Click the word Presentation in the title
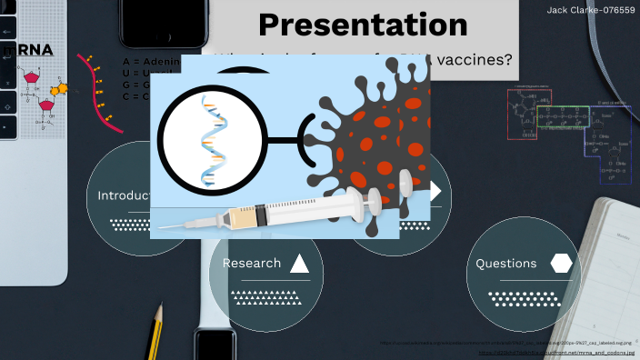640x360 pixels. click(363, 25)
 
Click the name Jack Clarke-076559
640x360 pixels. click(590, 10)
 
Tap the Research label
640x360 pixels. click(252, 264)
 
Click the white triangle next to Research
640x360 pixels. click(299, 265)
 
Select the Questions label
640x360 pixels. click(506, 264)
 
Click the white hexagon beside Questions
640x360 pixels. click(561, 264)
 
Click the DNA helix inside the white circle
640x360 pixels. click(210, 141)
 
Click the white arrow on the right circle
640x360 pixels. click(435, 191)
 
